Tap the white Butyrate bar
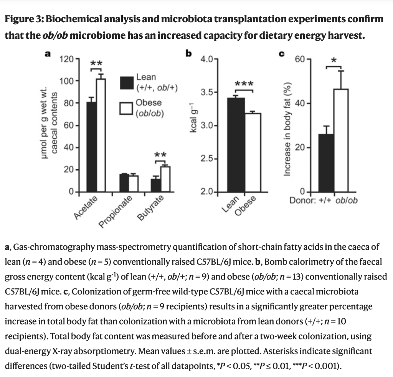(165, 179)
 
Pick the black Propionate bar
(124, 183)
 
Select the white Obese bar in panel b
(253, 152)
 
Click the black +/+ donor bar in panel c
(326, 163)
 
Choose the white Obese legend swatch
(126, 108)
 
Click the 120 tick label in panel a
(67, 59)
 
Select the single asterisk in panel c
(334, 61)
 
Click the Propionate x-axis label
(116, 211)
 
